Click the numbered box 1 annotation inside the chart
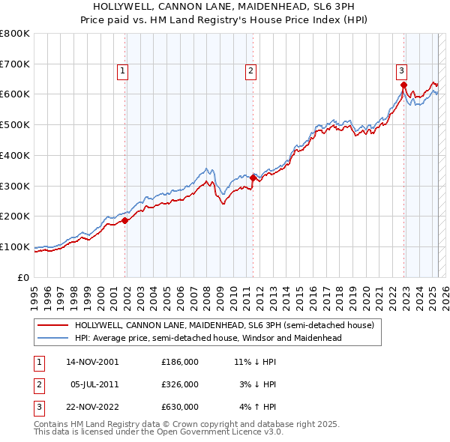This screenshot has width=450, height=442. pos(122,71)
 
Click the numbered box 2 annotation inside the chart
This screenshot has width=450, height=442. pos(250,71)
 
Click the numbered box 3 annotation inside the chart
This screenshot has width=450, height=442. pos(401,71)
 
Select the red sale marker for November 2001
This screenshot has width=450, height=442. pos(125,220)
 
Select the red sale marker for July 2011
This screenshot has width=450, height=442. pos(253,178)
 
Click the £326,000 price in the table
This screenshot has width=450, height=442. pos(179,384)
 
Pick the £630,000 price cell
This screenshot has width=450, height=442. pos(179,408)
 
